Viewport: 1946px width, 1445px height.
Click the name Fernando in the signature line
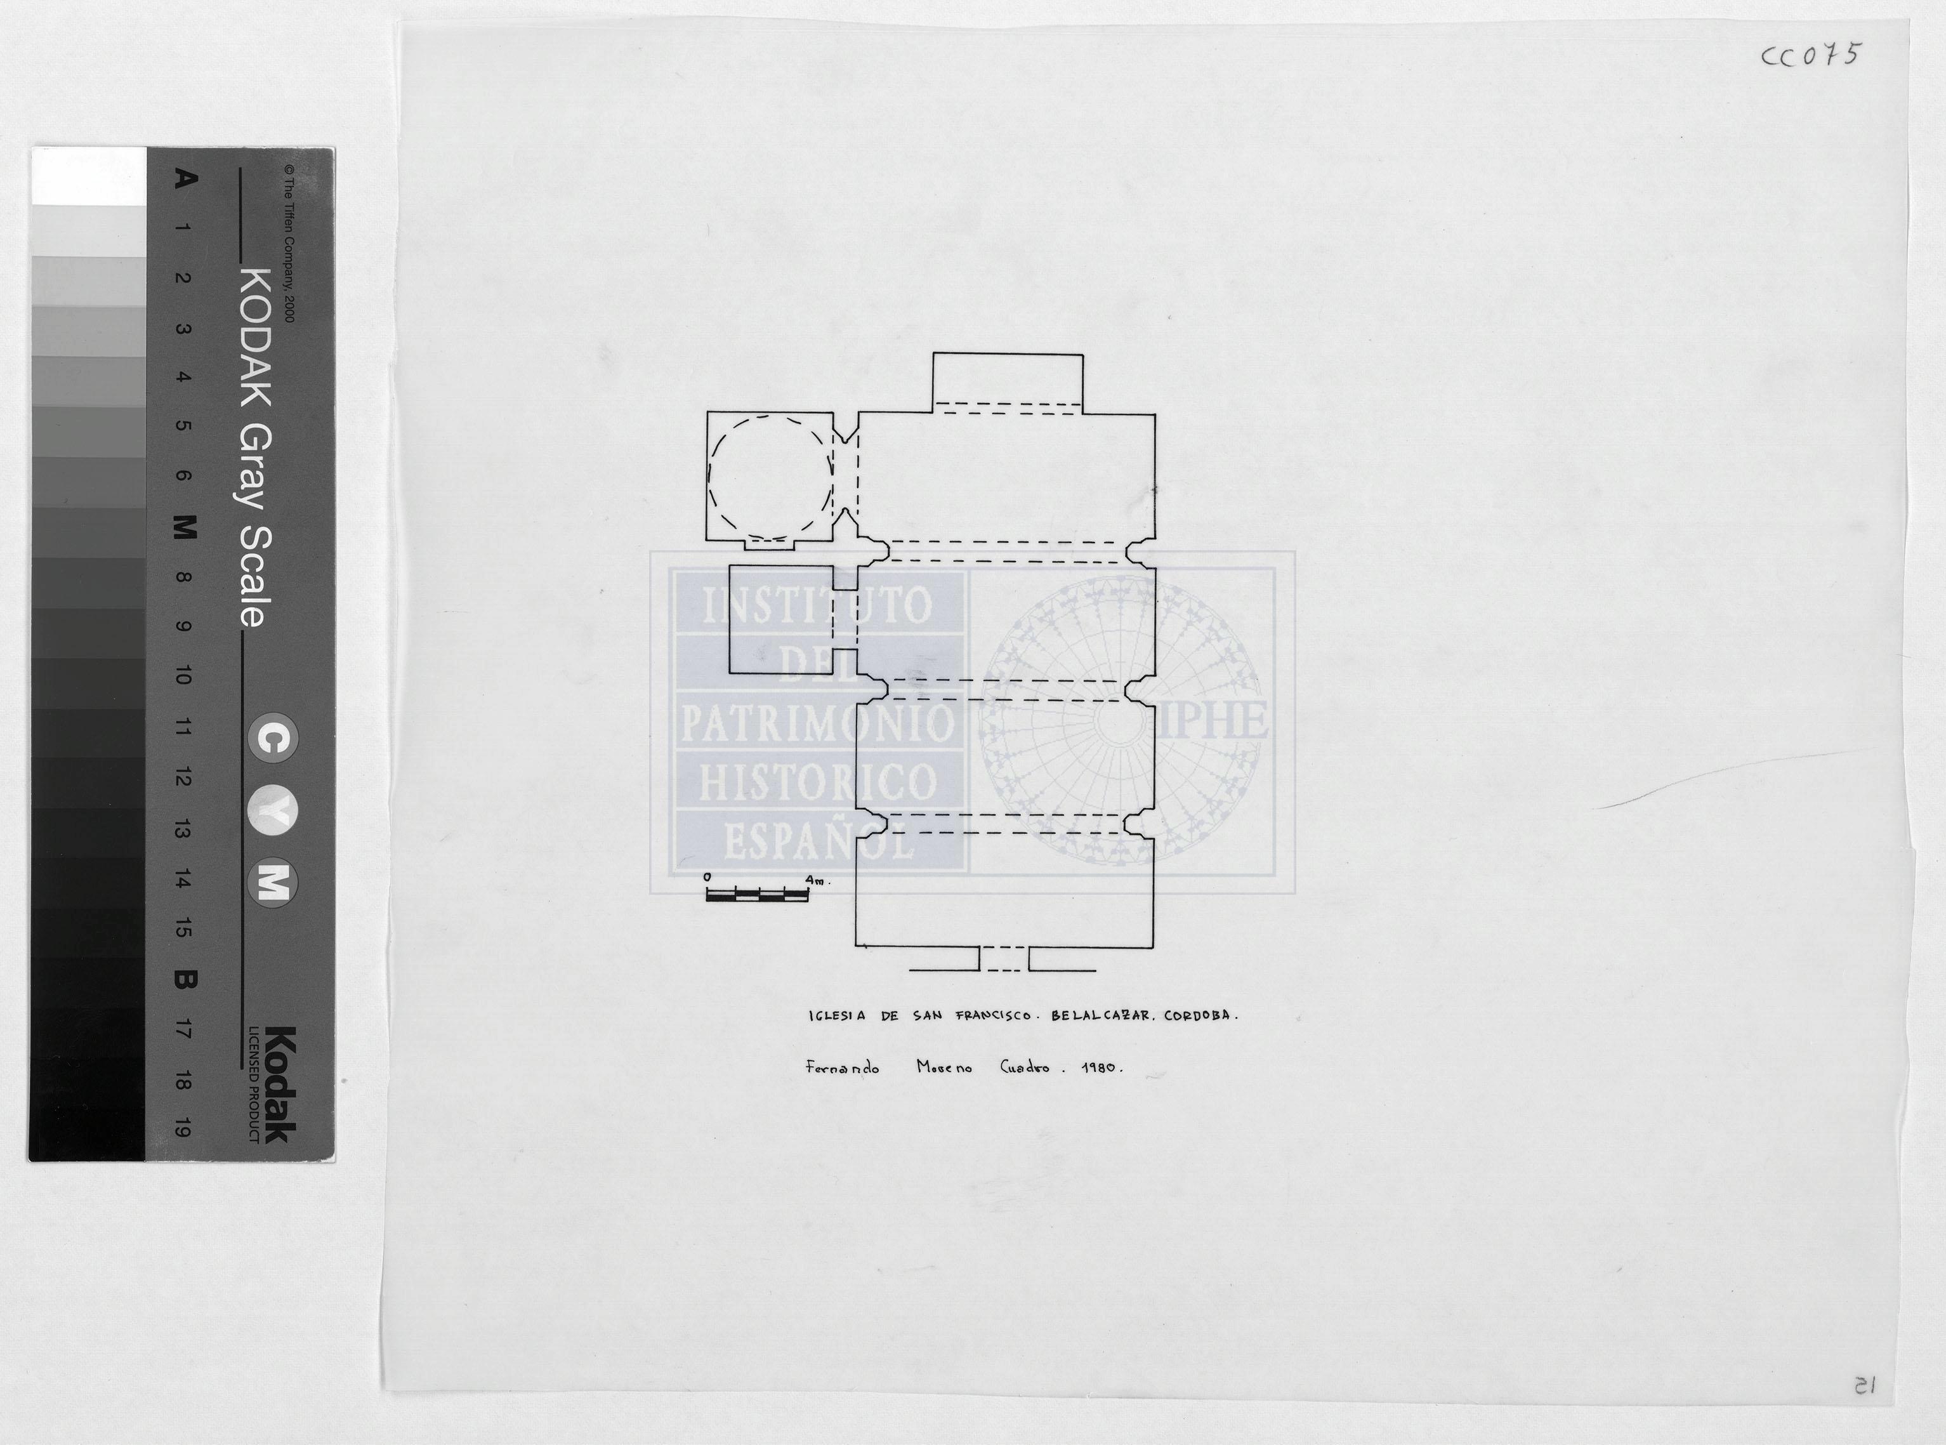click(841, 1067)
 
